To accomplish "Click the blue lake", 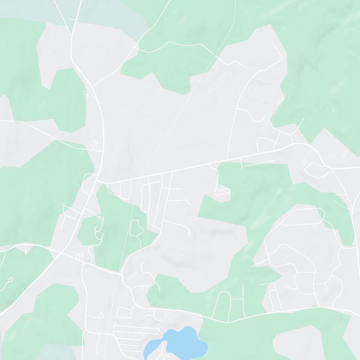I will tap(180, 340).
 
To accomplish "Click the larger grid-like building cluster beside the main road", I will tap(95, 144).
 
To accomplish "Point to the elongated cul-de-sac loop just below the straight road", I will tap(221, 192).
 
